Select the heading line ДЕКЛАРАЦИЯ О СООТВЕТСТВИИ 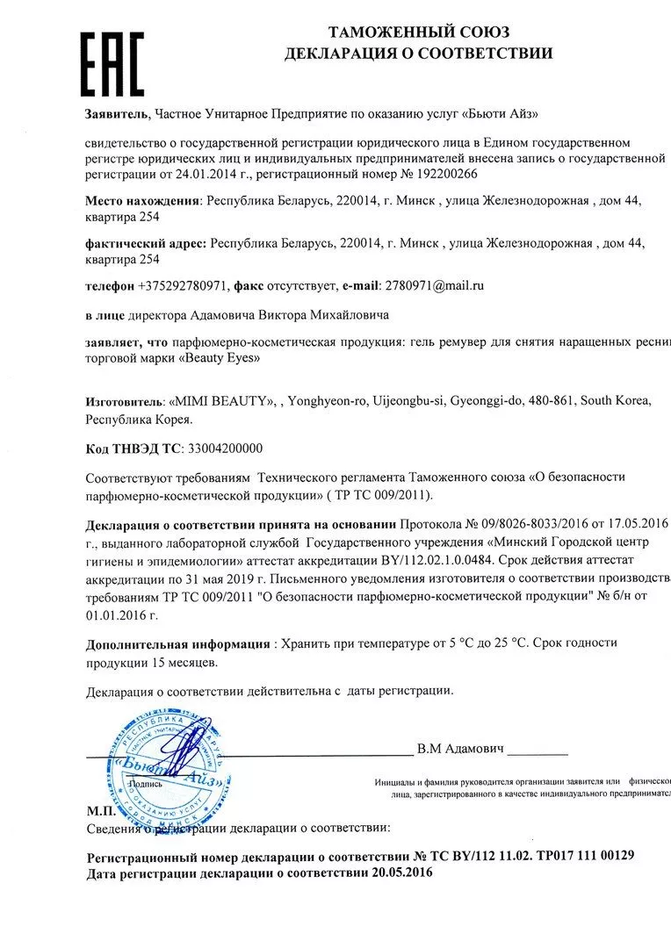point(418,54)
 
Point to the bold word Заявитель point(118,114)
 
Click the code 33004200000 point(224,448)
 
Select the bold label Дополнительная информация point(178,643)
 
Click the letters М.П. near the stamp point(100,812)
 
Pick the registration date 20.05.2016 point(402,873)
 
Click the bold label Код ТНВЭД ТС point(132,448)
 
